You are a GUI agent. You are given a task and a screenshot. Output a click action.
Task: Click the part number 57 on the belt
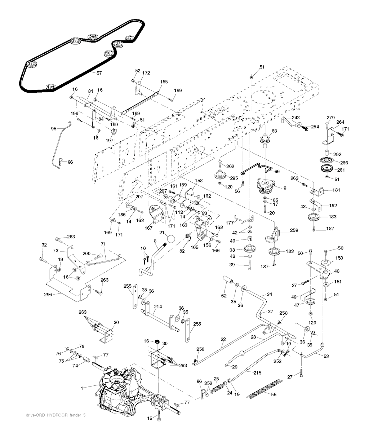[x=99, y=73]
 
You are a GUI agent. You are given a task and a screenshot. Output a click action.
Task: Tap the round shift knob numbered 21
[x=171, y=239]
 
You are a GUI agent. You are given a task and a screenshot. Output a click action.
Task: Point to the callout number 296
[x=48, y=294]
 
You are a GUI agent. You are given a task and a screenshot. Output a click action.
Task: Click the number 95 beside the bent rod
[x=54, y=128]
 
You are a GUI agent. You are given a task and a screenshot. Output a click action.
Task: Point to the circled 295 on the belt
[x=93, y=37]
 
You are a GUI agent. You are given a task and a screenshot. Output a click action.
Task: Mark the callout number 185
[x=164, y=82]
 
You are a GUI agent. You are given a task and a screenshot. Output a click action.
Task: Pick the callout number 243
[x=295, y=118]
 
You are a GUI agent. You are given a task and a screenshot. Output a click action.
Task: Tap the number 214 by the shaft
[x=157, y=306]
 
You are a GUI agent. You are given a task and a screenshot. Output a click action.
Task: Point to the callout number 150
[x=339, y=258]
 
